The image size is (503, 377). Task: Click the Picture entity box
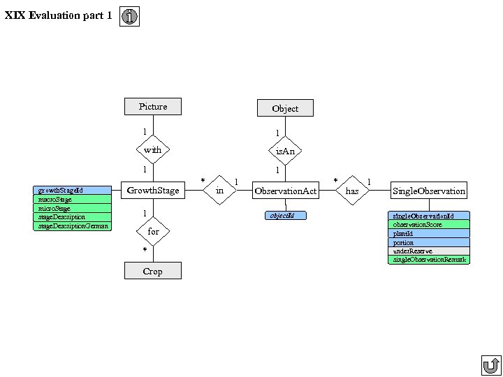click(x=152, y=106)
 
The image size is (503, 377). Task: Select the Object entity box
click(x=284, y=108)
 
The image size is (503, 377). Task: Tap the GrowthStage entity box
click(x=152, y=190)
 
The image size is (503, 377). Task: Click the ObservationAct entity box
click(x=285, y=191)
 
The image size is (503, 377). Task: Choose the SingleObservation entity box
click(x=428, y=191)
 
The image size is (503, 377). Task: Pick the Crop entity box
click(x=152, y=271)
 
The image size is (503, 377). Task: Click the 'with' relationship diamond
click(x=152, y=149)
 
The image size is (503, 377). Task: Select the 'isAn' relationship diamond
click(x=284, y=151)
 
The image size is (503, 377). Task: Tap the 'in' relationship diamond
click(x=220, y=191)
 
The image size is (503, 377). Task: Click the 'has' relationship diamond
click(x=352, y=191)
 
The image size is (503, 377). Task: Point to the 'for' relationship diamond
click(x=152, y=231)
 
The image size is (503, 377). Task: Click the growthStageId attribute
click(x=72, y=190)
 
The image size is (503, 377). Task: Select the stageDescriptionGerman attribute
click(x=72, y=226)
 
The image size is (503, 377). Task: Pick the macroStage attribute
click(x=72, y=199)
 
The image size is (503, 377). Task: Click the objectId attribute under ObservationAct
click(x=286, y=216)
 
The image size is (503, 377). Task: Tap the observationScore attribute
click(x=428, y=225)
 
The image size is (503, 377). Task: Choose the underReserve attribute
click(x=428, y=251)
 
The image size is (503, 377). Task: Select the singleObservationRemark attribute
click(x=428, y=260)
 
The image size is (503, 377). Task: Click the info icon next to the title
click(x=129, y=16)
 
